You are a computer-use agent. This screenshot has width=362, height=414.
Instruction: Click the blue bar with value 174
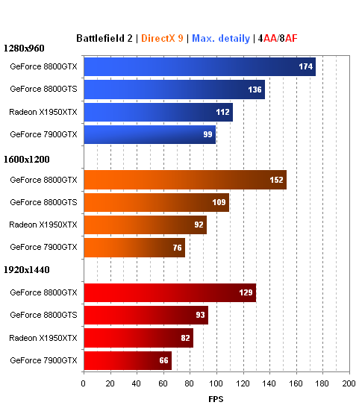point(199,67)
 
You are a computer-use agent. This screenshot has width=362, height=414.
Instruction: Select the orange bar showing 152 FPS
point(184,180)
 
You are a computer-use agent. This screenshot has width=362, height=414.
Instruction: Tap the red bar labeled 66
point(128,360)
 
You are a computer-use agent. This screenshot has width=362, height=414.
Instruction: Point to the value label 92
point(198,225)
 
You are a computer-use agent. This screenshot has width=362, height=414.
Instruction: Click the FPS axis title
point(216,398)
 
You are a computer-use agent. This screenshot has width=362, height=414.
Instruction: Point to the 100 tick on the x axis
point(216,383)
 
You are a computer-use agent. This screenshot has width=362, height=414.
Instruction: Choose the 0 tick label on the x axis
point(84,383)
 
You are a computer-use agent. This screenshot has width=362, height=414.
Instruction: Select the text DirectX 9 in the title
point(162,37)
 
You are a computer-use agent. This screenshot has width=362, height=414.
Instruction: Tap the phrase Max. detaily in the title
point(221,37)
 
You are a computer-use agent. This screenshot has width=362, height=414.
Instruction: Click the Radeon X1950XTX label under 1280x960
point(43,112)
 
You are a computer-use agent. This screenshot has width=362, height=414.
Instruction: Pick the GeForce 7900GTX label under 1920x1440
point(43,360)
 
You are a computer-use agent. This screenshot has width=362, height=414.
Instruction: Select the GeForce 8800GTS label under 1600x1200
point(43,202)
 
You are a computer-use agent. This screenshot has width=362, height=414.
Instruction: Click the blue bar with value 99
point(149,134)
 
